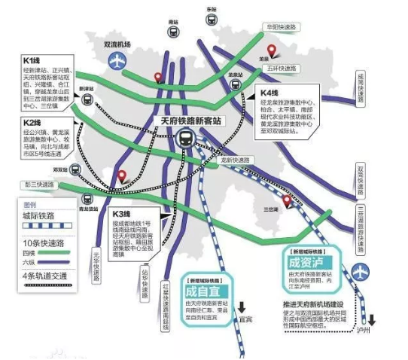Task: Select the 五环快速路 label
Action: point(273,67)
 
